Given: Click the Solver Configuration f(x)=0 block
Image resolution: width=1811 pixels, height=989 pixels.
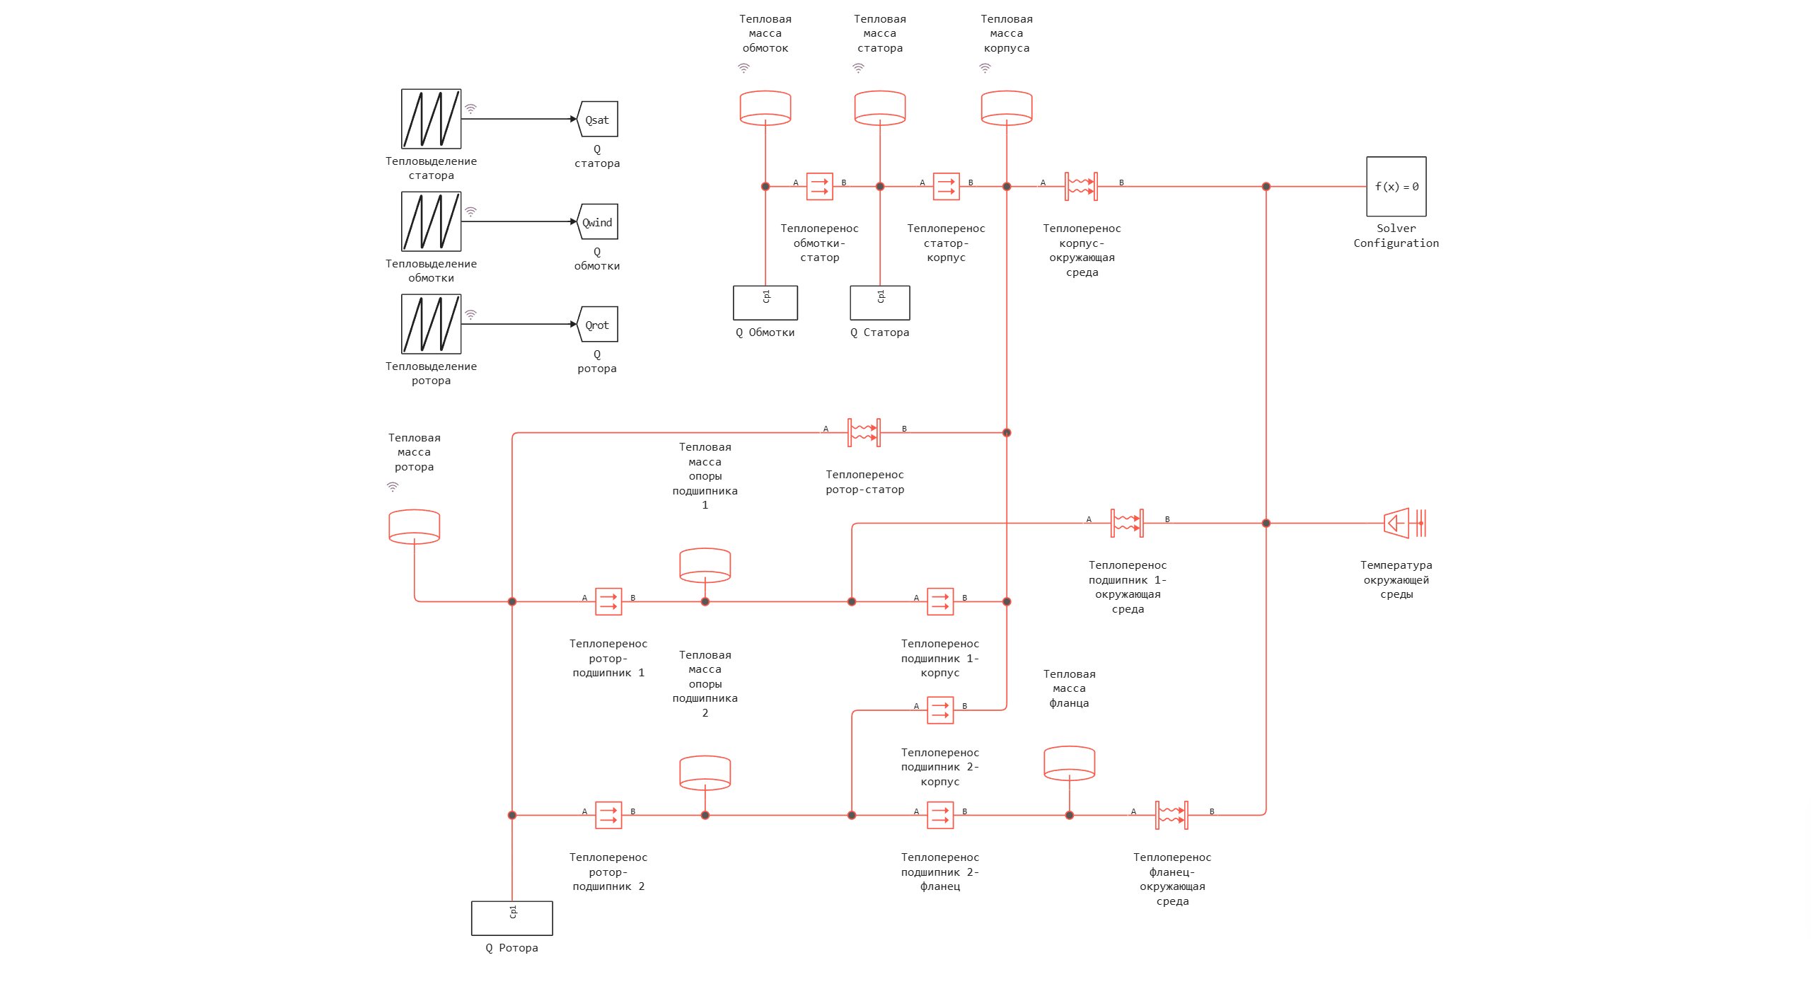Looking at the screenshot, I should point(1396,186).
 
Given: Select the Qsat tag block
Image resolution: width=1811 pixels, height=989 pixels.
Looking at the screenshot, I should point(598,119).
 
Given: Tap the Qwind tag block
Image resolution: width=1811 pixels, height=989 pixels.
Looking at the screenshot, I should point(598,221).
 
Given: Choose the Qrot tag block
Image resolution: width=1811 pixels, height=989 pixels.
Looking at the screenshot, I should point(598,325).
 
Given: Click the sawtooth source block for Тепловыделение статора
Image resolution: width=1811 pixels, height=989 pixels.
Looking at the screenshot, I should point(431,119).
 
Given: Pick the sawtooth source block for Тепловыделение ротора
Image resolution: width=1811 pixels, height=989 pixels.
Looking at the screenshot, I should point(431,324).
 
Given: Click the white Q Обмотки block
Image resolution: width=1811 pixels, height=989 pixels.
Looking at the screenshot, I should point(765,303).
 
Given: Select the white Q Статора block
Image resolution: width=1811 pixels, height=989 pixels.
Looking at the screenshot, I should point(880,303).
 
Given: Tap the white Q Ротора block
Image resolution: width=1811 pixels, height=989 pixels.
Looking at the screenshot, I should point(512,918).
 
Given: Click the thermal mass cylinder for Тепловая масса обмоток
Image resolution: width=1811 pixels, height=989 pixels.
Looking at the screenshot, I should point(765,108).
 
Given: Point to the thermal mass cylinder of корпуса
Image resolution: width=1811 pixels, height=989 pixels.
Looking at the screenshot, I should point(1006,108).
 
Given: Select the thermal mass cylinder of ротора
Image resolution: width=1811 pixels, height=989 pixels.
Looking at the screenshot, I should point(415,526).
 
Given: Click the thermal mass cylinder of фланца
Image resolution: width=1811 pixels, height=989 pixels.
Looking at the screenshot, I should point(1069,763).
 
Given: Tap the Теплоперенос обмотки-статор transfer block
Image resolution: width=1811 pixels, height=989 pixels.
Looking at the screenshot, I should point(819,187).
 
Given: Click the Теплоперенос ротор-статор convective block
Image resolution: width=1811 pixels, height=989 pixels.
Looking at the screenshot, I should point(864,432).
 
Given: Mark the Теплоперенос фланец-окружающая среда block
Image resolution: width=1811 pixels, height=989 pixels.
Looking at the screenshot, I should point(1171,815).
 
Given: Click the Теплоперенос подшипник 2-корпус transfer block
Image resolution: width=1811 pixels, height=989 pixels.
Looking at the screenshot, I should point(940,710).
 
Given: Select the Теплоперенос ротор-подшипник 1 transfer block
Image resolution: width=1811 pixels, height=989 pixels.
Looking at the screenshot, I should point(608,602).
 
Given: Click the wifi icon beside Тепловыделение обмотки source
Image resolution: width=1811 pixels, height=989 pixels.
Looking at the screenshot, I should point(470,212).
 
